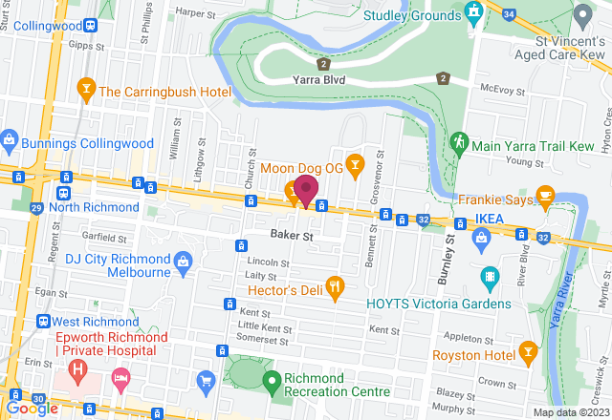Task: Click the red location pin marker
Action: coord(306,189)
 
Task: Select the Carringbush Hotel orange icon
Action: coord(85,92)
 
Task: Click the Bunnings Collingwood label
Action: coord(85,143)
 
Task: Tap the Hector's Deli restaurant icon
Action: coord(335,283)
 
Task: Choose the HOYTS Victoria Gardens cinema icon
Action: coord(490,278)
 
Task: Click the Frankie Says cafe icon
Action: coord(545,194)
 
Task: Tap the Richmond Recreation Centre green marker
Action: coord(271,380)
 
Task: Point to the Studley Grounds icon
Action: coord(473,11)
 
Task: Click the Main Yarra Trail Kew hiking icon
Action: coord(458,144)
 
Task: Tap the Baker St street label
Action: coord(292,235)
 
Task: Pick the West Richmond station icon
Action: coord(42,321)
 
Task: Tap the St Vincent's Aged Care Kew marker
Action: coord(582,16)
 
